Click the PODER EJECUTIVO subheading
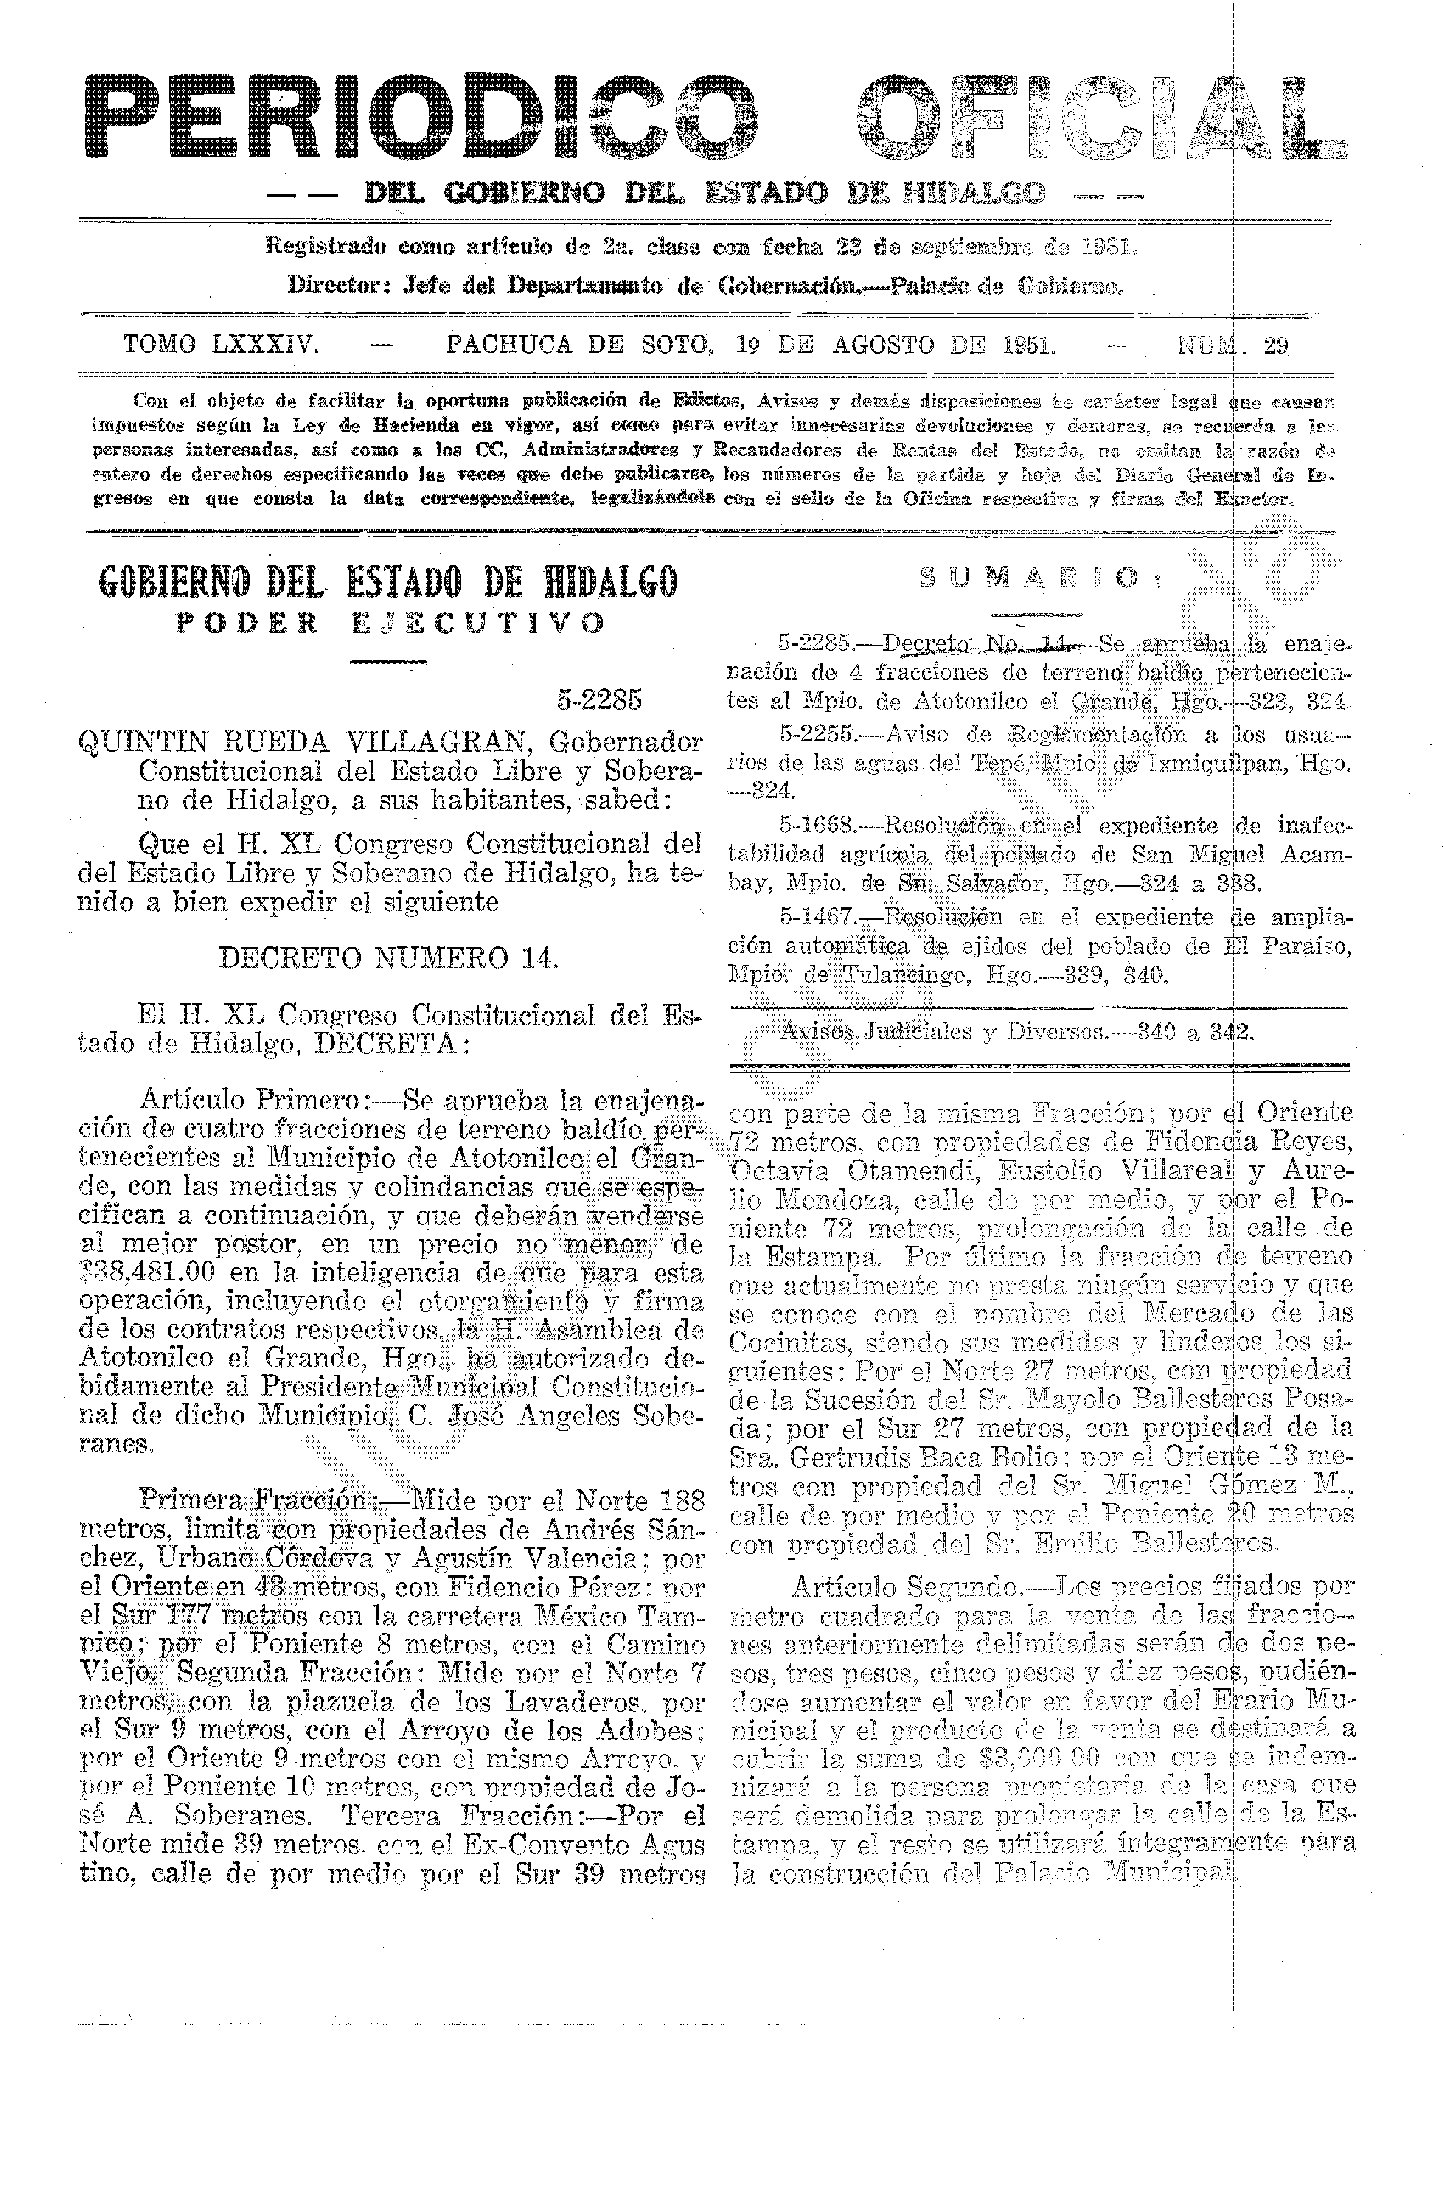pos(390,622)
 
